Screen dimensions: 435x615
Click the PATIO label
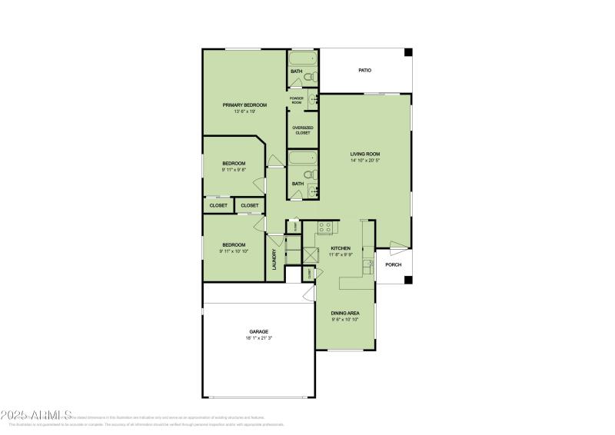click(x=365, y=71)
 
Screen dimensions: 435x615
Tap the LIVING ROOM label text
click(x=365, y=154)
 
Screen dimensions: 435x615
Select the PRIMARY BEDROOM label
click(x=244, y=105)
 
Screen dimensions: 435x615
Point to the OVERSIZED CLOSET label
click(x=302, y=130)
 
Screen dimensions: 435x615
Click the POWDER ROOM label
click(x=297, y=100)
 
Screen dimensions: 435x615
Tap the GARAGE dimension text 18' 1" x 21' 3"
click(x=258, y=337)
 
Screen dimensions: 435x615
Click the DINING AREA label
click(x=345, y=313)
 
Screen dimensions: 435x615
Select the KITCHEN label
click(x=341, y=248)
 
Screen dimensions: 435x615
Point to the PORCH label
click(x=394, y=264)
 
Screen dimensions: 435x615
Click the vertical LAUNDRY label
click(x=274, y=258)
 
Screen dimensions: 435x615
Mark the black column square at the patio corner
click(x=408, y=52)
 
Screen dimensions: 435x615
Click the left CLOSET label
click(x=218, y=205)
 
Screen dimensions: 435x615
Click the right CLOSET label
click(x=250, y=205)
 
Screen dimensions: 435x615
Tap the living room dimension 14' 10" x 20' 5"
click(x=365, y=161)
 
